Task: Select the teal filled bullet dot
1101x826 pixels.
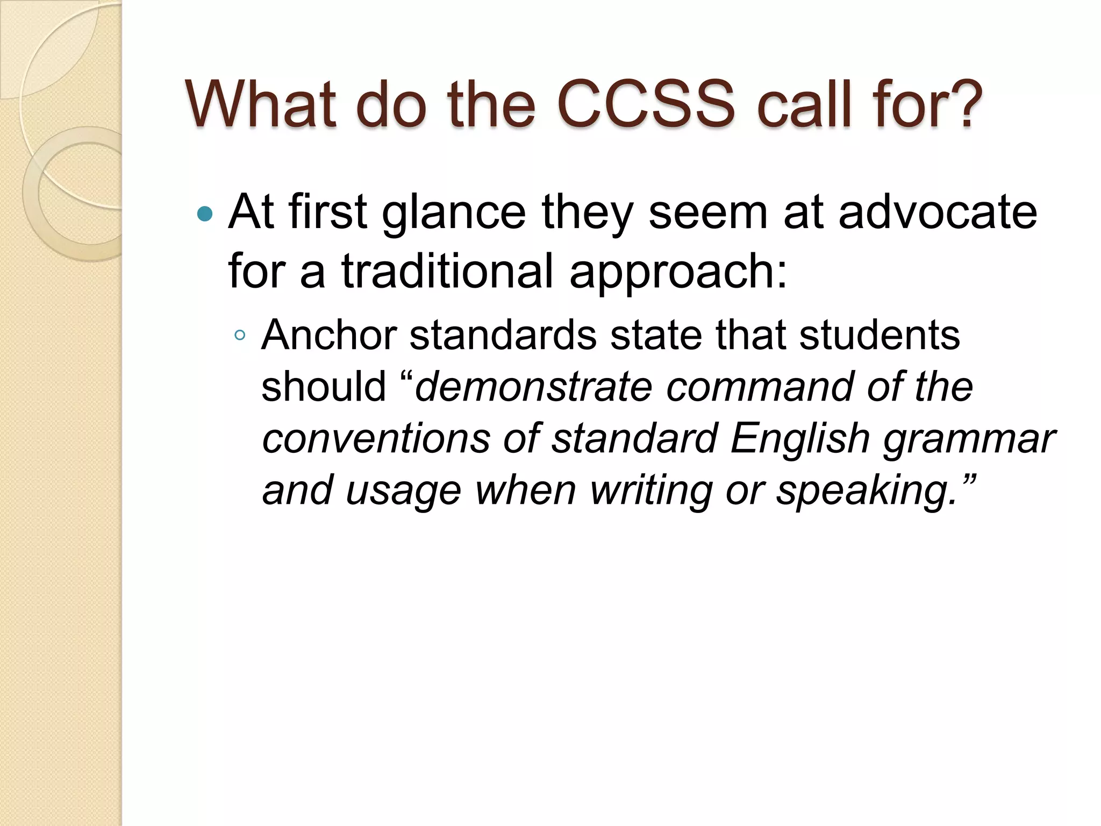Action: (x=205, y=214)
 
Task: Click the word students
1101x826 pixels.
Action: (x=880, y=335)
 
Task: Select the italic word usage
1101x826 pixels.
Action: (x=403, y=491)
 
